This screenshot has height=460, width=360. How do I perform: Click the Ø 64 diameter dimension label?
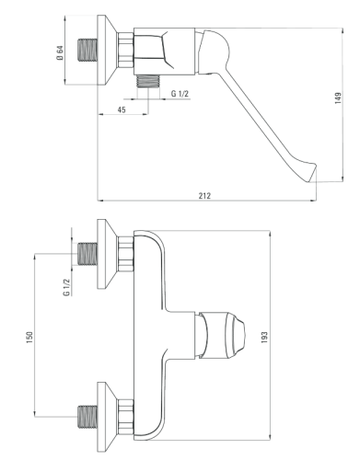(x=60, y=52)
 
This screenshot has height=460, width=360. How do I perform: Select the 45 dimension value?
(x=122, y=109)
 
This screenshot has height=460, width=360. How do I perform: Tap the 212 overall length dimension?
(x=204, y=196)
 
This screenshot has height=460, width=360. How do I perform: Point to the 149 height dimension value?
(x=338, y=98)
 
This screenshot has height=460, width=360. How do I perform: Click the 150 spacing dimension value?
(x=29, y=338)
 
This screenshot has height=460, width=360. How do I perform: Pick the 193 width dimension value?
(x=264, y=338)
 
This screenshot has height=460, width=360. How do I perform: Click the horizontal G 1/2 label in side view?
(x=180, y=94)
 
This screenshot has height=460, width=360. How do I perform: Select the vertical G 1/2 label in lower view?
(x=66, y=287)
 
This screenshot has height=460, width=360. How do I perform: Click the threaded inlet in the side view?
(x=87, y=50)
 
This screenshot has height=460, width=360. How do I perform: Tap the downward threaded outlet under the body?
(x=148, y=81)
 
